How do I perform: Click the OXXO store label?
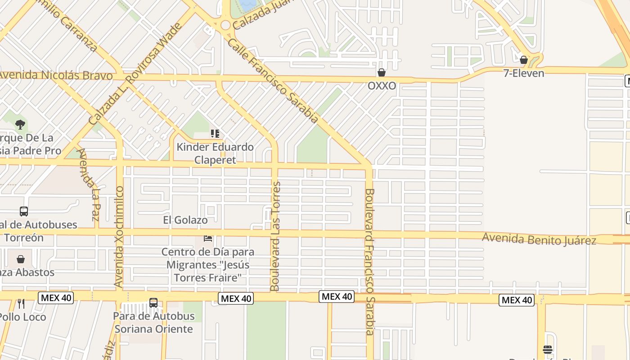(382, 85)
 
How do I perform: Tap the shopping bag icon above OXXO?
(382, 72)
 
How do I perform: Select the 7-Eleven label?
(523, 73)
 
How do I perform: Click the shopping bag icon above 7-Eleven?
(523, 60)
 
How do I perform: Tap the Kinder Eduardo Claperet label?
(215, 153)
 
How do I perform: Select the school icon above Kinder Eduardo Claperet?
(215, 134)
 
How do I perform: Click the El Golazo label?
(185, 220)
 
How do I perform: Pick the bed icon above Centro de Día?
(207, 238)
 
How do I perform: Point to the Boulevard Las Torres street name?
(275, 236)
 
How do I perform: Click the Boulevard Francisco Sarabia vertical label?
(369, 261)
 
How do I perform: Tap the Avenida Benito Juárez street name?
(539, 238)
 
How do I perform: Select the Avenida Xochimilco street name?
(119, 237)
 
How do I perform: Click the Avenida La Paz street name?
(89, 184)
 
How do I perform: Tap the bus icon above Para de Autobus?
(153, 303)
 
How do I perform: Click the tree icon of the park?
(20, 125)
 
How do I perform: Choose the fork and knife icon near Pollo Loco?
(21, 304)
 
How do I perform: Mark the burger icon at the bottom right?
(547, 350)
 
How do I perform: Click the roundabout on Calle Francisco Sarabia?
(225, 25)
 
